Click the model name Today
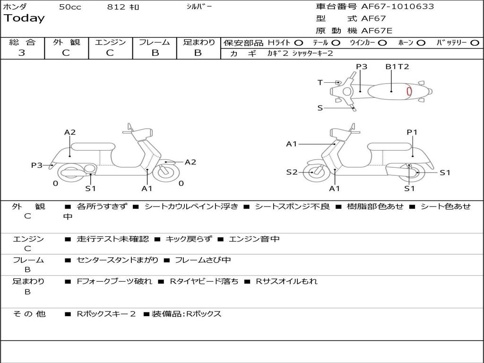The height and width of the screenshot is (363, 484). pyautogui.click(x=24, y=18)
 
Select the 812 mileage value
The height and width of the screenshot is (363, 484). pyautogui.click(x=116, y=7)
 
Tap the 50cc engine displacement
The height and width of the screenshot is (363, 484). pyautogui.click(x=70, y=7)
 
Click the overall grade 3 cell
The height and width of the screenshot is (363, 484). pyautogui.click(x=22, y=53)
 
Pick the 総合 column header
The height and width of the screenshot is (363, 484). pyautogui.click(x=22, y=42)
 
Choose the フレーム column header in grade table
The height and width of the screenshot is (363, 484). pyautogui.click(x=155, y=42)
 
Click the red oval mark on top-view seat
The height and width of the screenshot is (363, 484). pyautogui.click(x=409, y=91)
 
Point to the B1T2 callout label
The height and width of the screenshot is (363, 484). pyautogui.click(x=397, y=67)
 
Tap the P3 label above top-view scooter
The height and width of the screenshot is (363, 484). pyautogui.click(x=362, y=67)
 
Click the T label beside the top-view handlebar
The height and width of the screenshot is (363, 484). pyautogui.click(x=320, y=83)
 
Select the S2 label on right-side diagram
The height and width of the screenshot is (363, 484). pyautogui.click(x=292, y=172)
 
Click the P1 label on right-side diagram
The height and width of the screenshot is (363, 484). pyautogui.click(x=412, y=132)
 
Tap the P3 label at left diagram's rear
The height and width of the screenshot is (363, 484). pyautogui.click(x=37, y=165)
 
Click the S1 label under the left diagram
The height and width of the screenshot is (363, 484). pyautogui.click(x=90, y=189)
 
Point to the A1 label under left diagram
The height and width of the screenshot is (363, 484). pyautogui.click(x=147, y=189)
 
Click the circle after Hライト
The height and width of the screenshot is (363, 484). pyautogui.click(x=299, y=43)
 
